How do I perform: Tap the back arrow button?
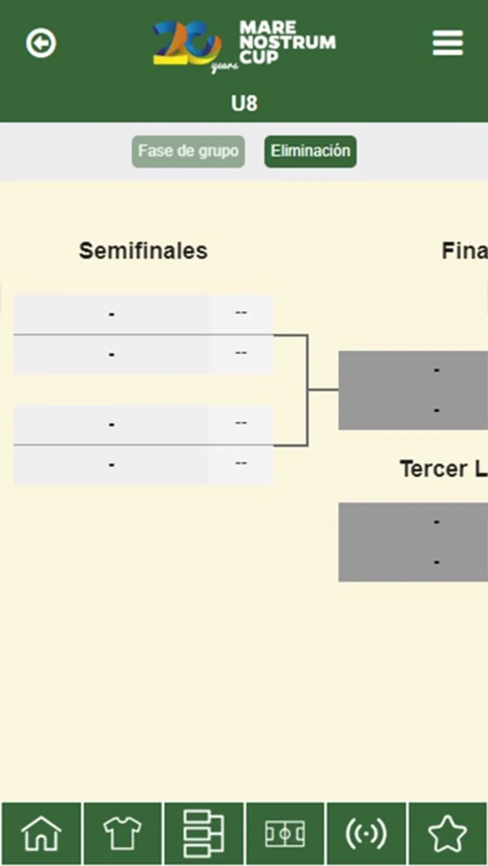coord(41,43)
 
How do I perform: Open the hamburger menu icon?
coord(447,43)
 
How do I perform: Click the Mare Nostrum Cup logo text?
coord(287,42)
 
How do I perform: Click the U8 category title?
coord(244,103)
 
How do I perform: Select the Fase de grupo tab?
coord(188,151)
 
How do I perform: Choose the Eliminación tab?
coord(310,151)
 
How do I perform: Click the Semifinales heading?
coord(143,251)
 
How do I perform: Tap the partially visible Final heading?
coord(464,251)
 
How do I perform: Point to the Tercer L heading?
coord(442,469)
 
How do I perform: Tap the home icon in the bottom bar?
coord(41,833)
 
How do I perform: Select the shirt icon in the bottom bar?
coord(122,833)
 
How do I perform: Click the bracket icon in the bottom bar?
coord(203,833)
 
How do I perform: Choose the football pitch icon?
coord(285,833)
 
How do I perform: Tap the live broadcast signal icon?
coord(366,833)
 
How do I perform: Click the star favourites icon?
coord(447,833)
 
